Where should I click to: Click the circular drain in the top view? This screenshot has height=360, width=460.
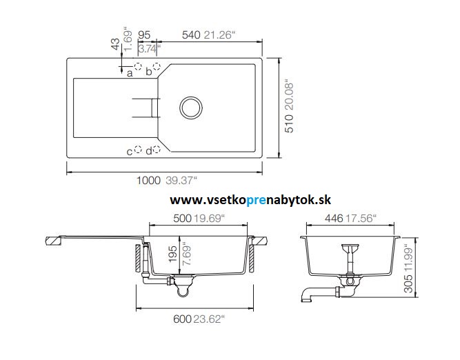coord(190,107)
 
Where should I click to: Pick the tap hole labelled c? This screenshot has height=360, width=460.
coord(138,150)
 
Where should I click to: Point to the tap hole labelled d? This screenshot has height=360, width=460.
coord(157,150)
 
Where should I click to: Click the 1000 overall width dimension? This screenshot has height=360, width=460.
coord(148,181)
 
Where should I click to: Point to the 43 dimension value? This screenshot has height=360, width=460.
coord(115,44)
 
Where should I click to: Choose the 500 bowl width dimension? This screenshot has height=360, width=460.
coord(161,219)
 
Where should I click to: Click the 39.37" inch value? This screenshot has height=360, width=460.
coord(181,181)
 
